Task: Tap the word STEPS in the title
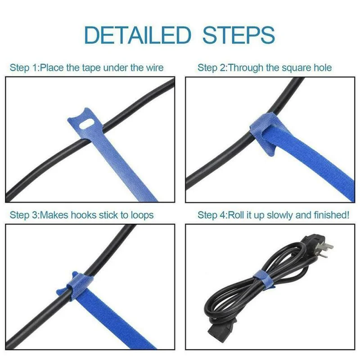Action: pyautogui.click(x=238, y=35)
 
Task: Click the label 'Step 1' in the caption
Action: pyautogui.click(x=23, y=68)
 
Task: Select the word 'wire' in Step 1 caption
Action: pyautogui.click(x=153, y=68)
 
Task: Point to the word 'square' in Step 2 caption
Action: pyautogui.click(x=295, y=68)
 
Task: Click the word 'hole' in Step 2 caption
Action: pyautogui.click(x=321, y=68)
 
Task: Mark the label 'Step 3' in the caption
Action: pyautogui.click(x=23, y=215)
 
